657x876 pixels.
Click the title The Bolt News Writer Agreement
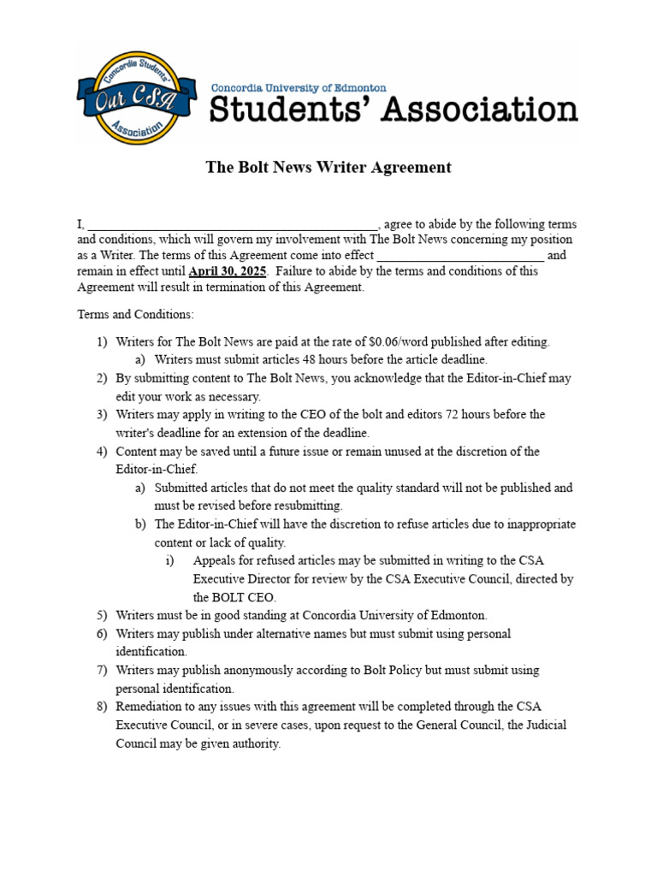(328, 168)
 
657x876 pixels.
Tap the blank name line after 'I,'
(232, 225)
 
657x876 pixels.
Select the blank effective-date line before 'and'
(460, 256)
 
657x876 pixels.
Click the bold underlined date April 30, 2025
(228, 271)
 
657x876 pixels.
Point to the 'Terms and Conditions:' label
(136, 314)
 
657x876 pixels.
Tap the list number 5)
(101, 616)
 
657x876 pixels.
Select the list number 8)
(101, 707)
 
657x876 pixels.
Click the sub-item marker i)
(169, 561)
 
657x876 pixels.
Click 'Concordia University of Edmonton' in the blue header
(299, 88)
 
